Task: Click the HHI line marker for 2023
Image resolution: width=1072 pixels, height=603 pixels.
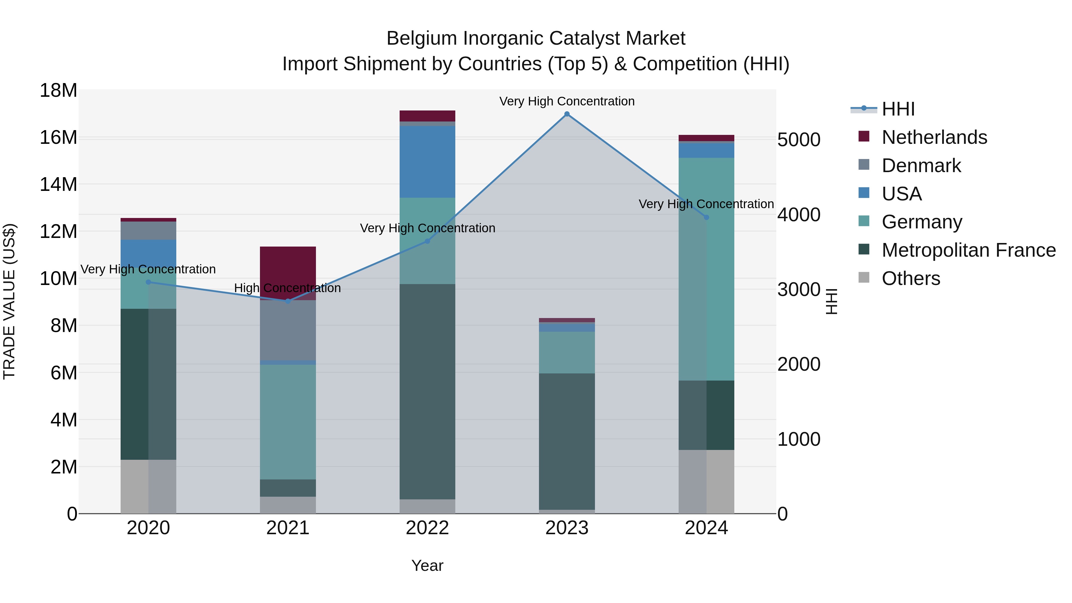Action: point(567,114)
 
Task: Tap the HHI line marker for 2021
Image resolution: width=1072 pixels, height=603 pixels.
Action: point(288,301)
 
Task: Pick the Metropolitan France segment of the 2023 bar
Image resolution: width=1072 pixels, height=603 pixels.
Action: point(567,441)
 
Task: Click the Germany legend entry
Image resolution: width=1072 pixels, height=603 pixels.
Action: point(922,222)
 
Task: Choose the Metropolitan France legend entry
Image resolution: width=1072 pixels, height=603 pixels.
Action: point(968,250)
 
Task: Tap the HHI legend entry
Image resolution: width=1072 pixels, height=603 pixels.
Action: point(898,109)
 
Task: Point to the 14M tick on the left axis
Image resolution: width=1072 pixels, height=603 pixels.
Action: point(58,184)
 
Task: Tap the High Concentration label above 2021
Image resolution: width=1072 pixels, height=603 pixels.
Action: point(288,288)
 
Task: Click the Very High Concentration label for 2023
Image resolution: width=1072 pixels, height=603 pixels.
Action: point(567,101)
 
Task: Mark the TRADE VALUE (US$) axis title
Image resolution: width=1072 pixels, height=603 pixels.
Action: point(9,301)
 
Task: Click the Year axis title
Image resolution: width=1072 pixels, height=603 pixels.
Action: point(427,565)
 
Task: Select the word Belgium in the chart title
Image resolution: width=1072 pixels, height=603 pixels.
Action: point(422,38)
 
